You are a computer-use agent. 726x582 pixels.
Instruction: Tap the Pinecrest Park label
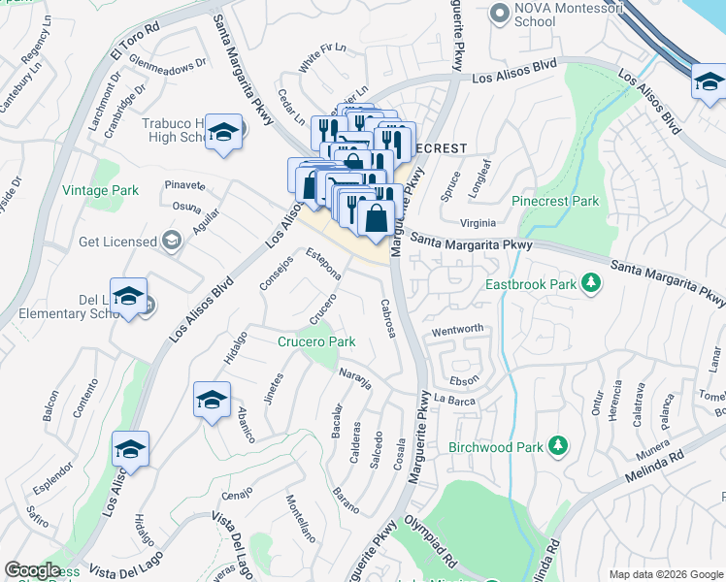pyautogui.click(x=556, y=201)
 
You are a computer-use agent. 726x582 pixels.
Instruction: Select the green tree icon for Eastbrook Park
pyautogui.click(x=589, y=284)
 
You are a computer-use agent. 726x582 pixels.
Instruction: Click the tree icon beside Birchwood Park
pyautogui.click(x=557, y=445)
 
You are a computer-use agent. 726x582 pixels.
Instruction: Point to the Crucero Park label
pyautogui.click(x=316, y=341)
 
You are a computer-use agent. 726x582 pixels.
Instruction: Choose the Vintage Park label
pyautogui.click(x=98, y=191)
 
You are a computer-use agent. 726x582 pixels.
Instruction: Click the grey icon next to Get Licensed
pyautogui.click(x=172, y=241)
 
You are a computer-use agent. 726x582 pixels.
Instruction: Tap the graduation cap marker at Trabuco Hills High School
pyautogui.click(x=225, y=134)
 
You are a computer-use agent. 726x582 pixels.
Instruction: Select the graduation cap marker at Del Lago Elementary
pyautogui.click(x=128, y=299)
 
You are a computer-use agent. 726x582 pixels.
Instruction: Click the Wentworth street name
pyautogui.click(x=457, y=330)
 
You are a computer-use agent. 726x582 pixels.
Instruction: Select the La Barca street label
pyautogui.click(x=452, y=399)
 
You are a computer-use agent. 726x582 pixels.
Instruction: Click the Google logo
pyautogui.click(x=32, y=570)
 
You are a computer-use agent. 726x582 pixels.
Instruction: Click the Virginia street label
pyautogui.click(x=485, y=222)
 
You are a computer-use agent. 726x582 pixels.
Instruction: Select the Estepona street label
pyautogui.click(x=323, y=264)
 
